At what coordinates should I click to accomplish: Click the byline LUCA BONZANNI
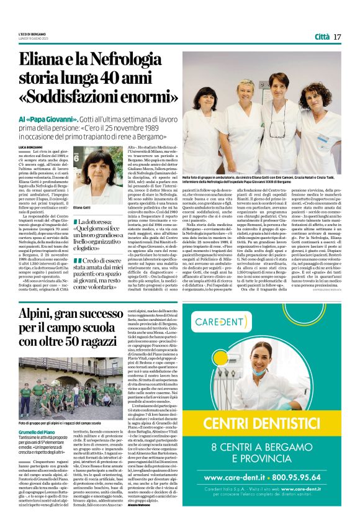(x=30, y=146)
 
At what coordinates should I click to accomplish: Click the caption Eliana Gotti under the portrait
(x=82, y=207)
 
